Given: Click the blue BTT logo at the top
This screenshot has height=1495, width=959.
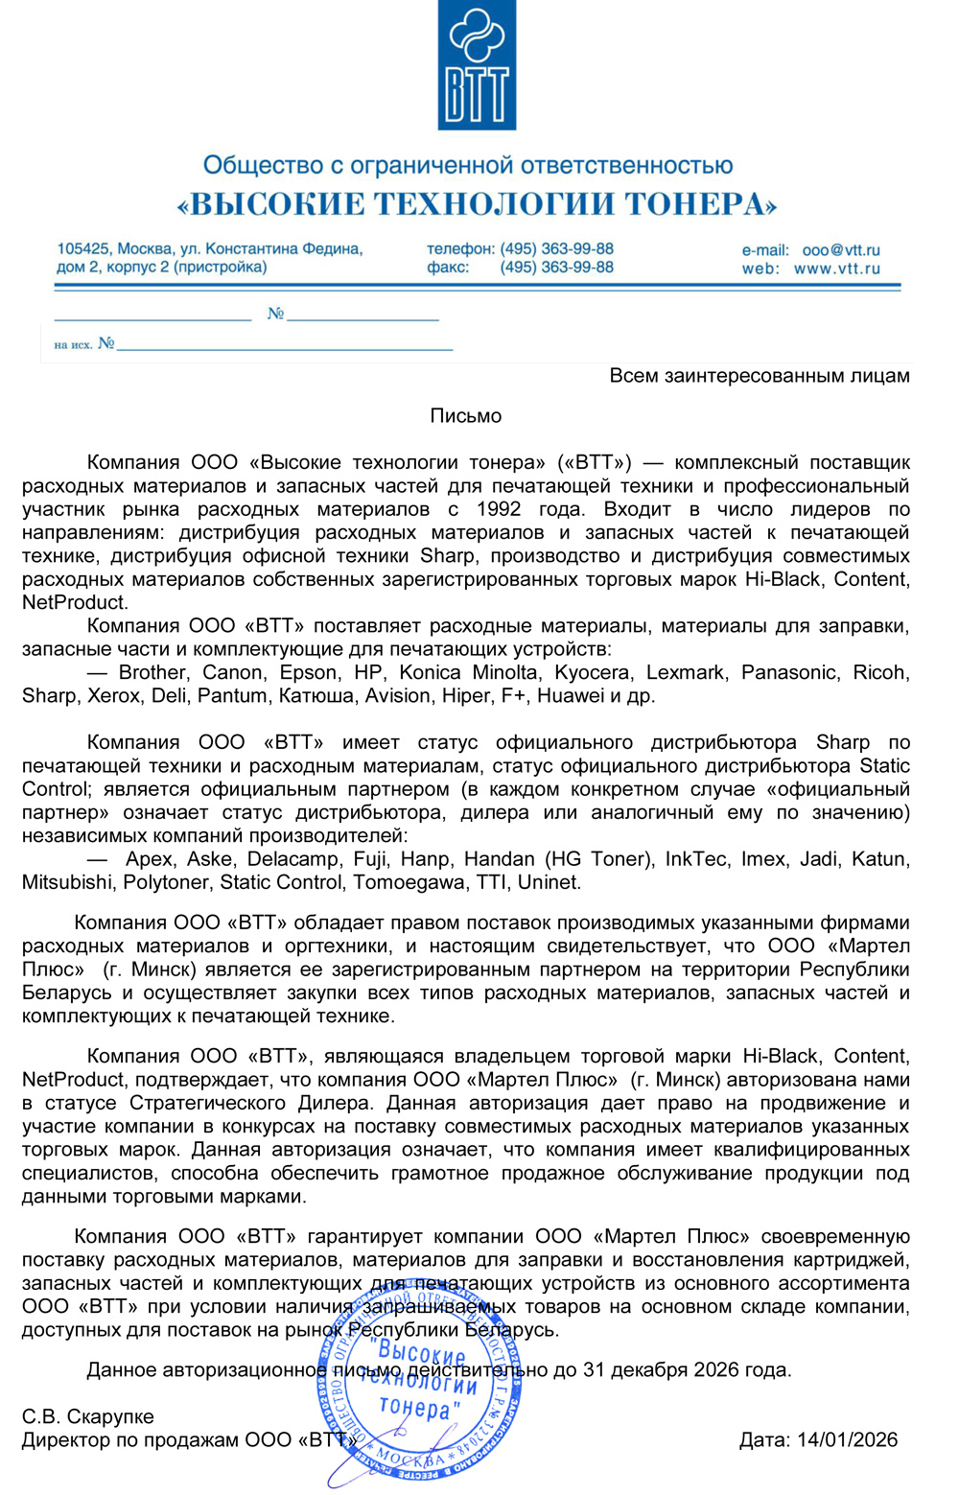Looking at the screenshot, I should point(477,65).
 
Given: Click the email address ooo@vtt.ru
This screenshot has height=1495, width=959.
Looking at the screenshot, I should point(841,249).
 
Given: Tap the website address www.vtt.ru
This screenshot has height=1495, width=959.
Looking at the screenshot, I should point(836,269).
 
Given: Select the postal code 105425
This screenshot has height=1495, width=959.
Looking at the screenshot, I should point(82,248).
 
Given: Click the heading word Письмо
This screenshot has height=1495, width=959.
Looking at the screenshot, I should point(466,415).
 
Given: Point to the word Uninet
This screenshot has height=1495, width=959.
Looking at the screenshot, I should point(550,882).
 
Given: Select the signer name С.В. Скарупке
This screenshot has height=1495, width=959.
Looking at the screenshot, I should point(87,1416).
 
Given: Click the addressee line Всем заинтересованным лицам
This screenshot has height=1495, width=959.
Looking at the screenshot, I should point(760,375).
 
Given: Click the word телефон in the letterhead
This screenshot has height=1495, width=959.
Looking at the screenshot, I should point(459,248).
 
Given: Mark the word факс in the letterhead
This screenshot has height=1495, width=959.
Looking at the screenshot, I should point(448,268).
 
